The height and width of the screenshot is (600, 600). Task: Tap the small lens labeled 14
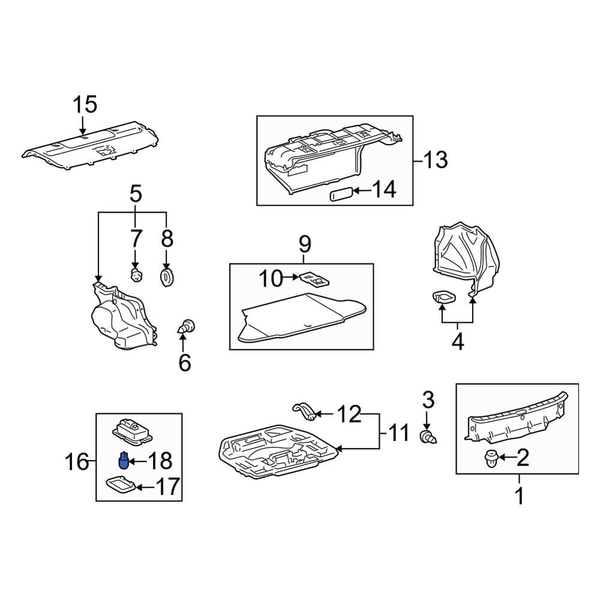340,195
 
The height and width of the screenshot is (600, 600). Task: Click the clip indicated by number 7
137,275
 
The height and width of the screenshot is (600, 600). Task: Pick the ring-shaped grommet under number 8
166,277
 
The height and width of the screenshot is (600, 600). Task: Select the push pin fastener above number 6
187,327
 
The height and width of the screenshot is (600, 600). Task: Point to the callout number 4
457,343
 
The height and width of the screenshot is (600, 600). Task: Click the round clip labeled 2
489,460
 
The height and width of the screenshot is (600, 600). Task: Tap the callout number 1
520,496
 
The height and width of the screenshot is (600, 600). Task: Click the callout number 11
398,432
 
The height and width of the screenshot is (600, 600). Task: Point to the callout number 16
77,462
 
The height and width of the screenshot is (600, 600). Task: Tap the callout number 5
136,194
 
